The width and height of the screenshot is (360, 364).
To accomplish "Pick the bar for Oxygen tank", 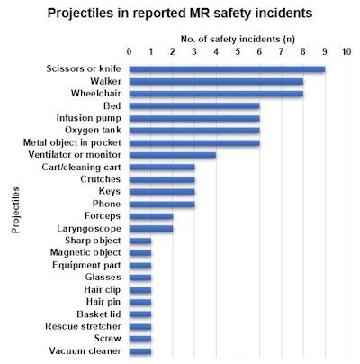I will point(194,130).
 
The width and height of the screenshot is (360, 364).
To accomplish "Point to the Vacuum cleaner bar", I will point(140,351).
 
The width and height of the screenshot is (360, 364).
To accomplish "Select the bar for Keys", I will point(162,192).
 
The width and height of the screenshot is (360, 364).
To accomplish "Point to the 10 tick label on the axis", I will point(346,50).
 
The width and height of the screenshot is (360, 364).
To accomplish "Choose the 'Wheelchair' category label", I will point(96,94).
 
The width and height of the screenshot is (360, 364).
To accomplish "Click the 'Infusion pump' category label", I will point(90,118).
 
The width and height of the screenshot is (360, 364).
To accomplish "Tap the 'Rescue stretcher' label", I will point(84,326).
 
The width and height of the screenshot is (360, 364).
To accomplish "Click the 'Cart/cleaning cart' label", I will point(81,167).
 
